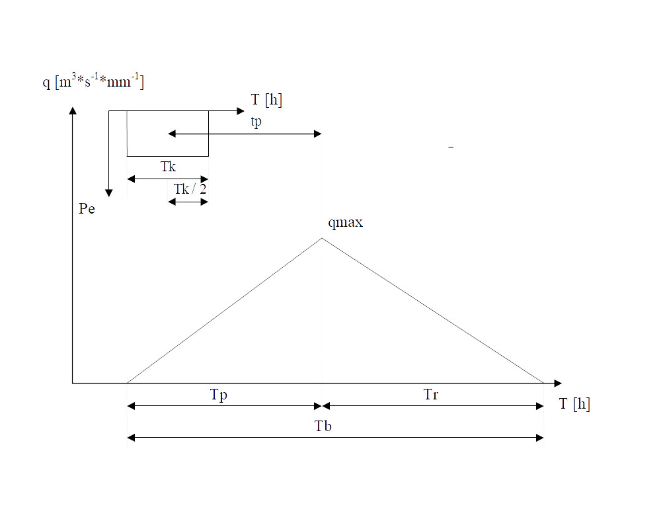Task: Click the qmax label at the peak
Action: pos(345,223)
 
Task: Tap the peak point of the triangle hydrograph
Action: pos(322,238)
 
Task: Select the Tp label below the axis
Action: pos(219,395)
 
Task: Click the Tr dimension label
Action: pos(431,394)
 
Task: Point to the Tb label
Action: pos(323,426)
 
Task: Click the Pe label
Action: pos(87,209)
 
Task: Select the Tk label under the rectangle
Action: pos(168,167)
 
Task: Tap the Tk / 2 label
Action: pos(190,189)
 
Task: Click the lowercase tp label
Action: pos(256,122)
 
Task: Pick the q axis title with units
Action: pos(93,81)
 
